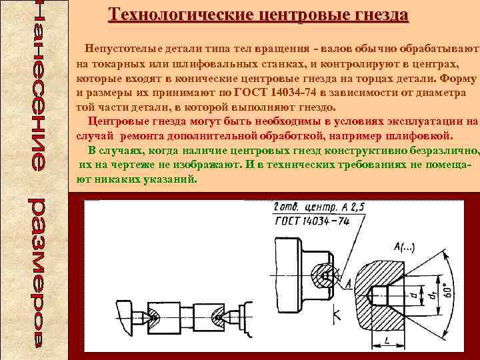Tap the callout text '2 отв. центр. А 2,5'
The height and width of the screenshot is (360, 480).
point(319,208)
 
